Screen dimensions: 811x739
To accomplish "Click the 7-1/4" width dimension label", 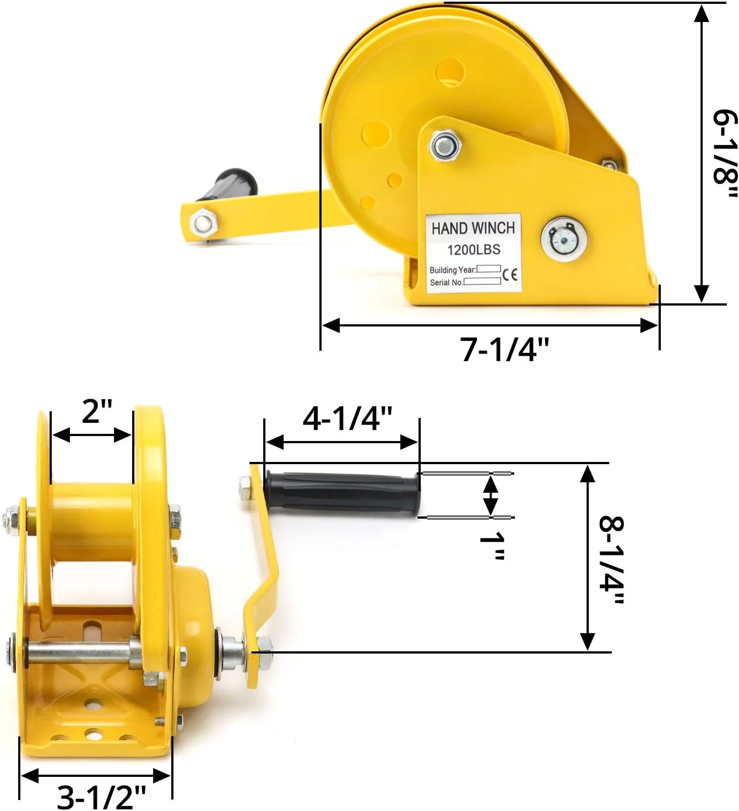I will click(x=504, y=349).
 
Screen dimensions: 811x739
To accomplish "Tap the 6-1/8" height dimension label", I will click(x=725, y=154).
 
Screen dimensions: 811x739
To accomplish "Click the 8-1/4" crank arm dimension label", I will click(x=611, y=560).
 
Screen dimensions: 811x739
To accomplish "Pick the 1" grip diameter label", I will click(x=492, y=546).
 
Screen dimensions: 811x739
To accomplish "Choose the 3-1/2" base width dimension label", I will click(x=102, y=796).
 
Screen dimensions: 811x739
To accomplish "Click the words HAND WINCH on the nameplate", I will click(x=473, y=228).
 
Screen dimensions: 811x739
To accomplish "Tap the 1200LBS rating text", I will click(x=474, y=250).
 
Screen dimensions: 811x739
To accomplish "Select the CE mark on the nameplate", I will click(x=510, y=274).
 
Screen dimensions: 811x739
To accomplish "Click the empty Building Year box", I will click(x=488, y=269).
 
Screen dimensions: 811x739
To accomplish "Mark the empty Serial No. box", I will click(x=482, y=281).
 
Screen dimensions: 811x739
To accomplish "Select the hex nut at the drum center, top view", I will click(x=444, y=146).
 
